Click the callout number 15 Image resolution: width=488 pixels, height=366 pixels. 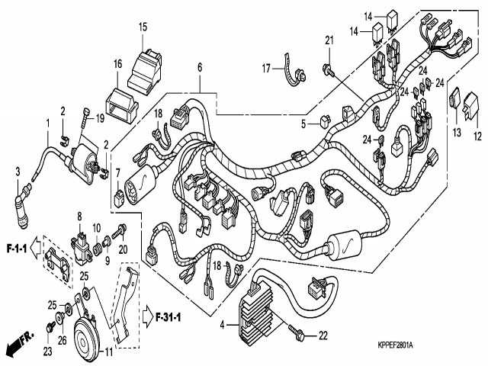tap(143, 27)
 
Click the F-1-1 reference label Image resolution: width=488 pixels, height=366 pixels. tap(17, 248)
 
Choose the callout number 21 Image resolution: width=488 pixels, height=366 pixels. tap(330, 40)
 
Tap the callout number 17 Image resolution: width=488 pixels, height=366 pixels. tap(267, 69)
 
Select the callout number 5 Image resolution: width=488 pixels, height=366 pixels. tap(303, 124)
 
